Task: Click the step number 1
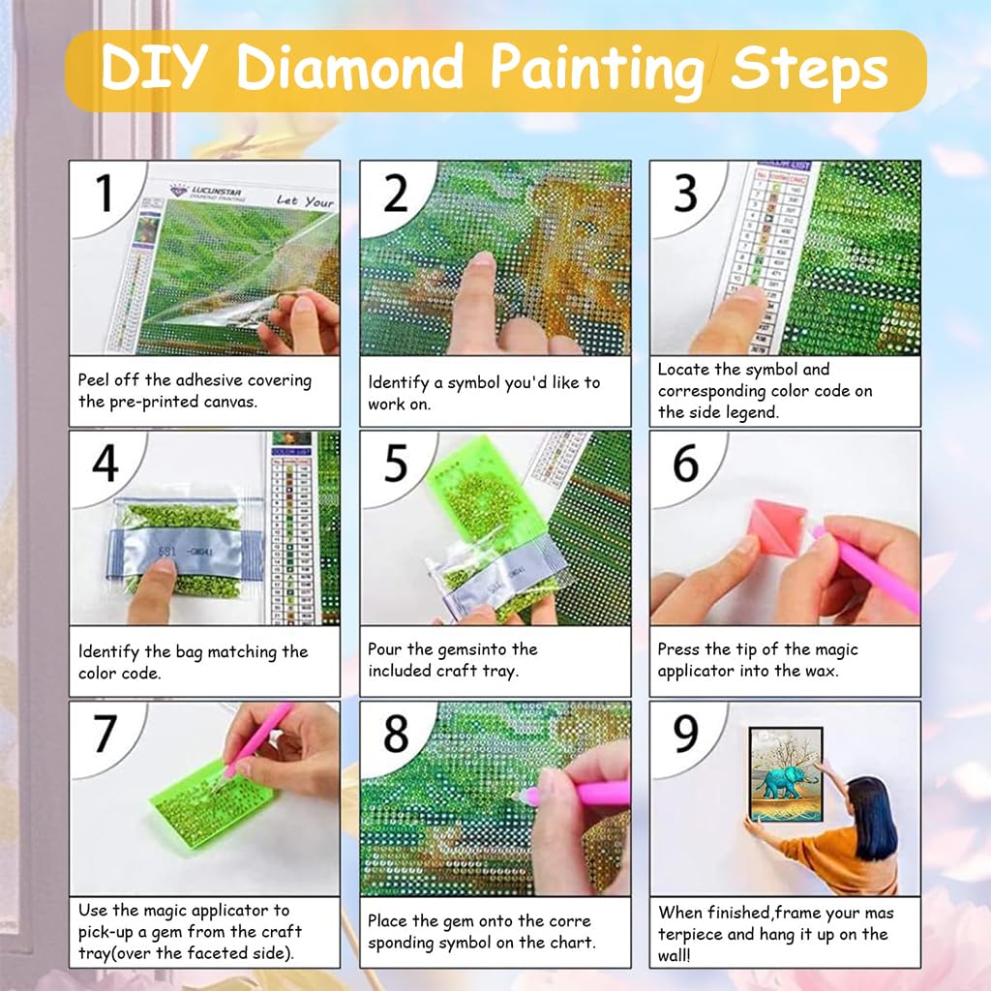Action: (x=105, y=195)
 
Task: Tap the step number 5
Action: (x=397, y=465)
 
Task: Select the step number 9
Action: (x=686, y=736)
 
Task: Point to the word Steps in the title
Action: (x=809, y=70)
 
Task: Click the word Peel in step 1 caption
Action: (x=95, y=380)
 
